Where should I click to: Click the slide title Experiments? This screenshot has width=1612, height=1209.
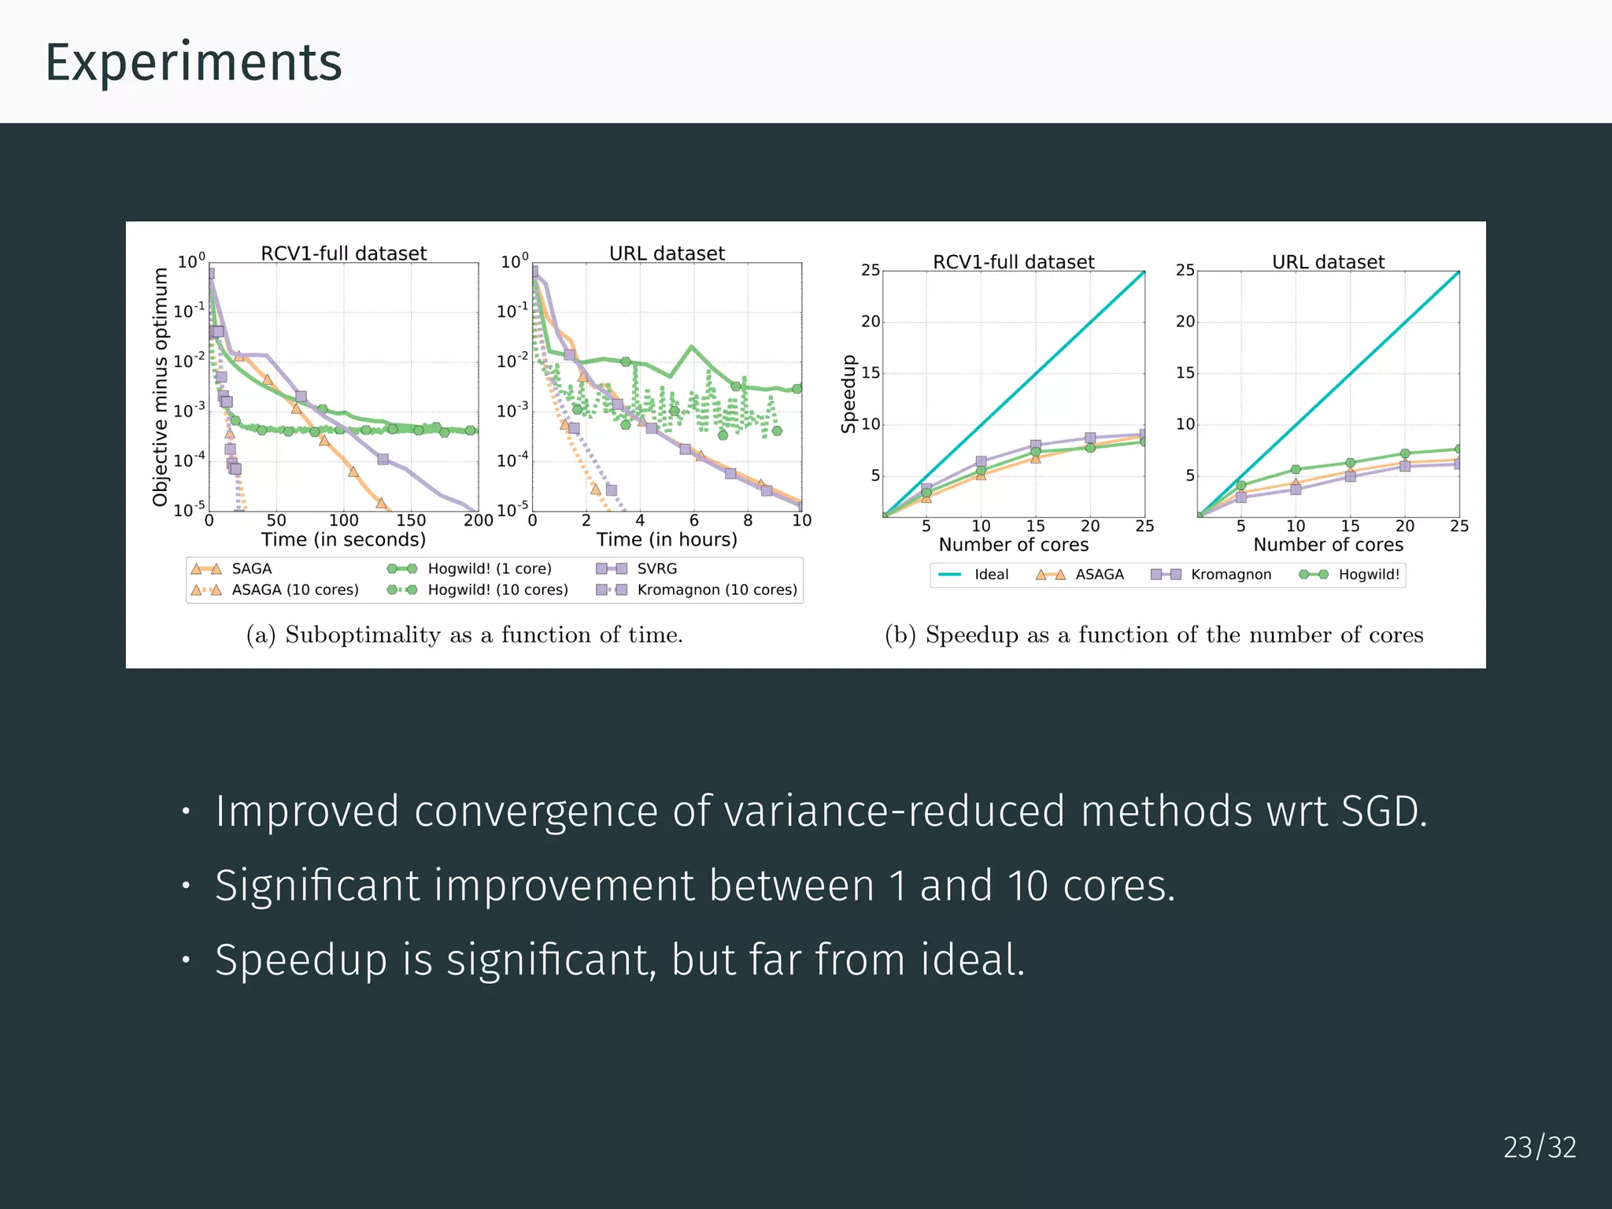coord(194,62)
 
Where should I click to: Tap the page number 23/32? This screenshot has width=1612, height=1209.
coord(1539,1147)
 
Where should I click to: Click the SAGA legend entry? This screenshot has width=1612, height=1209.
coord(250,568)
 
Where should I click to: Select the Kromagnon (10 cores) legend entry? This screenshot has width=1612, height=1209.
coord(716,590)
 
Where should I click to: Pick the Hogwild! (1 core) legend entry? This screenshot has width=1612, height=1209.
coord(489,568)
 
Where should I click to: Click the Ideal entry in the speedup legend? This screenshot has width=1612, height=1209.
coord(990,575)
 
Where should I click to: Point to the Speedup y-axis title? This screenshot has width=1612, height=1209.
coord(848,394)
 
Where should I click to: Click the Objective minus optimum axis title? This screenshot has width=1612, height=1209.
coord(161,386)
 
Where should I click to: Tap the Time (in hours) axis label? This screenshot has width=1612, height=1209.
coord(666,539)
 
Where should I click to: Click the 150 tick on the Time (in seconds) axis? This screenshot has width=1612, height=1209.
coord(411,520)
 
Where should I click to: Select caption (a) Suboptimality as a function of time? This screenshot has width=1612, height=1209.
coord(464,634)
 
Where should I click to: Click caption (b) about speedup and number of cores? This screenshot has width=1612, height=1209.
coord(1153,634)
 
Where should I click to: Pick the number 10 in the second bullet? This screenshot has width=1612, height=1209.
coord(1027,885)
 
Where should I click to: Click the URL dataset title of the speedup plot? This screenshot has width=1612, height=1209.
coord(1328,262)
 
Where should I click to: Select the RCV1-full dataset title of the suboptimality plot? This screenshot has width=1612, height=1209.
coord(343,253)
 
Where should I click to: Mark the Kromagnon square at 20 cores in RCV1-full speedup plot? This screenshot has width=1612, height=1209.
coord(1090,438)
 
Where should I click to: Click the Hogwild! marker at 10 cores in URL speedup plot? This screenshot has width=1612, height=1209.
coord(1296,470)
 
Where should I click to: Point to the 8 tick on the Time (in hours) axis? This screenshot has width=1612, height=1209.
coord(748,520)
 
